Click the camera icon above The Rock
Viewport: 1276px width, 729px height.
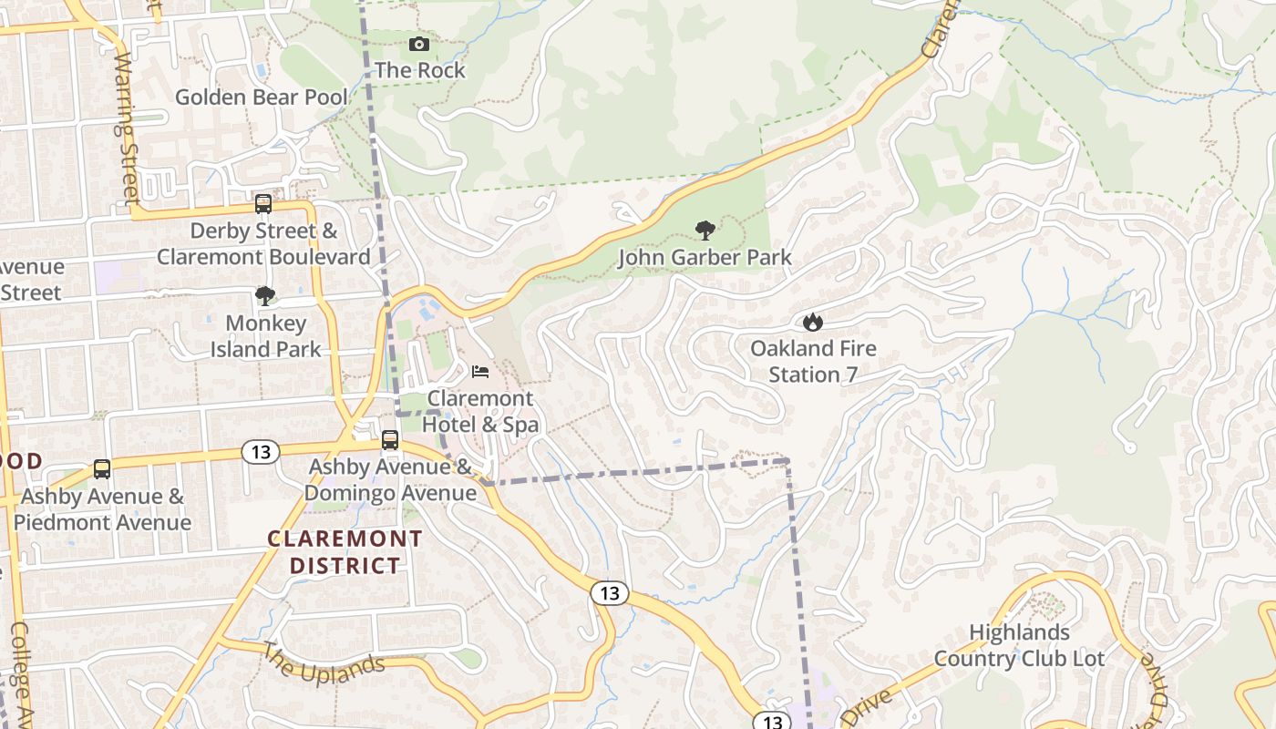coord(418,44)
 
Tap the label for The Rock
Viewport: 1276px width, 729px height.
coord(419,70)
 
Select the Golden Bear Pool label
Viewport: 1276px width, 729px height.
coord(262,97)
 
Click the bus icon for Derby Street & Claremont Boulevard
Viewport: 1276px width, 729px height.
coord(263,203)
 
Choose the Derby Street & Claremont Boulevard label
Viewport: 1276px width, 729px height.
coord(263,244)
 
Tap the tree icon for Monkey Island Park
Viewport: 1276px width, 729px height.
coord(265,295)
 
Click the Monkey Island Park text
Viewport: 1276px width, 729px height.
coord(265,336)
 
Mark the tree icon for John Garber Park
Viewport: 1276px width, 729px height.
coord(704,230)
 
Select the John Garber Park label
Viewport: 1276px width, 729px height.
coord(705,258)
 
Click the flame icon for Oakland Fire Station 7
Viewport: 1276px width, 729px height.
coord(813,322)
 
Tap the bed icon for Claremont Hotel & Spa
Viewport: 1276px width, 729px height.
coord(480,371)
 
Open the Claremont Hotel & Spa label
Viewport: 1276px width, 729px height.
coord(480,412)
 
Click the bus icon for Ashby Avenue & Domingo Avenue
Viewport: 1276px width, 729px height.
coord(390,440)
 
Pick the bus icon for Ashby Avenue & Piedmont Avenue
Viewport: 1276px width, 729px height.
coord(102,469)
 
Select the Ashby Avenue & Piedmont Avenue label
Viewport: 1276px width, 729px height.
coord(102,509)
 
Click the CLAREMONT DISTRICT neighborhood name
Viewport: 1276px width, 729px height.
coord(345,552)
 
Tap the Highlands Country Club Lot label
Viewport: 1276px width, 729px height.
coord(1019,645)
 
